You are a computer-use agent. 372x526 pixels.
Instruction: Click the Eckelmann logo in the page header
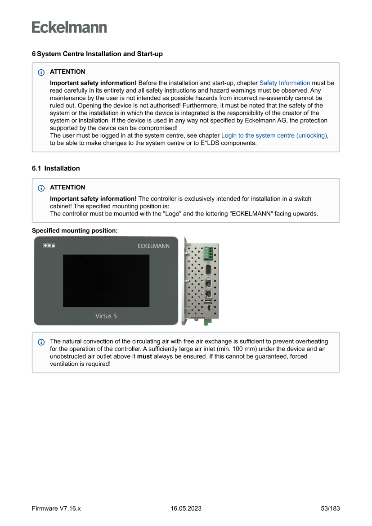click(x=69, y=27)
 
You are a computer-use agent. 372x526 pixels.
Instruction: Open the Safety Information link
click(x=284, y=83)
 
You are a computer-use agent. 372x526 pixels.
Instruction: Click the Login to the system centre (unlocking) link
click(x=274, y=135)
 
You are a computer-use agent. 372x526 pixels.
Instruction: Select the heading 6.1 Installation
click(x=56, y=168)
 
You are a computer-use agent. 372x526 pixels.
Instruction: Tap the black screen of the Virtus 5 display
click(x=106, y=280)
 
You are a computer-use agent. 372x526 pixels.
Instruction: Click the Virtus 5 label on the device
click(x=106, y=316)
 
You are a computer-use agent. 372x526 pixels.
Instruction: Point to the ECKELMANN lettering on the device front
click(x=153, y=246)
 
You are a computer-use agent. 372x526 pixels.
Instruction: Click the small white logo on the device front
click(x=49, y=246)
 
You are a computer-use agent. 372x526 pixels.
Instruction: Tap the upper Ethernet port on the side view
click(x=208, y=283)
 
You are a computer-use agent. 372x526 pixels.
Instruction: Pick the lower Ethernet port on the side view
click(x=208, y=294)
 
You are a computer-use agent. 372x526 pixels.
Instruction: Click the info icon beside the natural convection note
click(x=41, y=342)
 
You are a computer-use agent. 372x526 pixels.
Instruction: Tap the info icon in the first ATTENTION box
click(x=41, y=72)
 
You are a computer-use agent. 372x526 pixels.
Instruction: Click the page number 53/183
click(x=330, y=508)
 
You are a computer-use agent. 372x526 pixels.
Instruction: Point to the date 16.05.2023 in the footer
click(x=186, y=508)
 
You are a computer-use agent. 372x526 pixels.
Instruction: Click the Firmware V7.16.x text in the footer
click(x=56, y=508)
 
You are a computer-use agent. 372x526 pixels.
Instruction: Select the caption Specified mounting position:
click(x=75, y=230)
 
